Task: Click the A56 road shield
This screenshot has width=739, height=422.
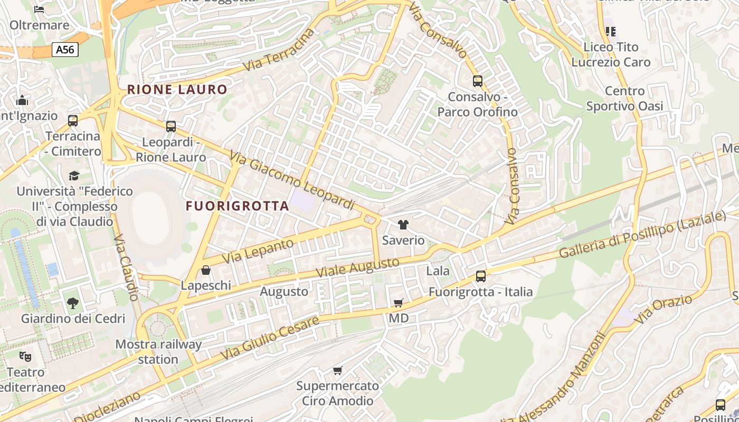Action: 65,50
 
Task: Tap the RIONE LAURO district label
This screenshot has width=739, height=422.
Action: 177,90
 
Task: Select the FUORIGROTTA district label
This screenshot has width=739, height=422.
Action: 238,206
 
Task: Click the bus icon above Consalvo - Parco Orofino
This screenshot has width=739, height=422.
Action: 478,81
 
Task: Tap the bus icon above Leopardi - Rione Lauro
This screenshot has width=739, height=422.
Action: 170,127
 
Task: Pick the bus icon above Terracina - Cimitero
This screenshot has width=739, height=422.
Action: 73,120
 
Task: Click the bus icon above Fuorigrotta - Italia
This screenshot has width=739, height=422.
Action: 480,276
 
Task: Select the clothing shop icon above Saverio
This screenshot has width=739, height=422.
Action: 403,225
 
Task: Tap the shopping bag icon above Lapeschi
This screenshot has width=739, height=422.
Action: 206,270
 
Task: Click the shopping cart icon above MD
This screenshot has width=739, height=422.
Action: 399,303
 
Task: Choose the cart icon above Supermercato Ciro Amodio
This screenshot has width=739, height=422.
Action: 337,370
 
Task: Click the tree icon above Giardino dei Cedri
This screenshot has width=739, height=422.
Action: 73,303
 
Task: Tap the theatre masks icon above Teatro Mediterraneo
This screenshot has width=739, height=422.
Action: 25,357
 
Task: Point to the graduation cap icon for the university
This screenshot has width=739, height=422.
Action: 74,175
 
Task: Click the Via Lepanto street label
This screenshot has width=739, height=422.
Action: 258,251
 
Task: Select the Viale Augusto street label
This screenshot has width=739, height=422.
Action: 357,268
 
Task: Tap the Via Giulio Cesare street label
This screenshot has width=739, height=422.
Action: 270,338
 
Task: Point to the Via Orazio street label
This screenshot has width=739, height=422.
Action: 663,310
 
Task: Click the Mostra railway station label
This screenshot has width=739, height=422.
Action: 158,352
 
